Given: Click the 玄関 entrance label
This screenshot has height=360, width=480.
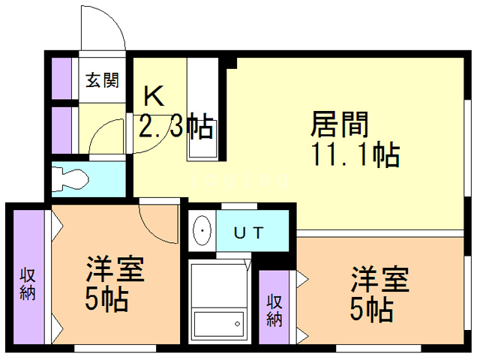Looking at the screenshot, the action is pos(102,80).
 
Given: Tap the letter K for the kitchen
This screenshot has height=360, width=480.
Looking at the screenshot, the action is pos(154,96).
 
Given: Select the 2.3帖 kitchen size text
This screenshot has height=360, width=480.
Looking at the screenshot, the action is pos(176,126).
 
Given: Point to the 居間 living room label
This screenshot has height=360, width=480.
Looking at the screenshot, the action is pos(339,124).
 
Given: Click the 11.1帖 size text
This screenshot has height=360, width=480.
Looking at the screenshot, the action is pos(355,154).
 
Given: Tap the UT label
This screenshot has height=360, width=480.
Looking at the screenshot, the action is pos(248,233).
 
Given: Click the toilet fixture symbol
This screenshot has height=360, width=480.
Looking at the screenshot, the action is pos(70,178).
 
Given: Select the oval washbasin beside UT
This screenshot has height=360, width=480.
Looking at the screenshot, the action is pos(202,231).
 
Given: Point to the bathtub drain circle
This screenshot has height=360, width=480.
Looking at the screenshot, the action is pos(237,323).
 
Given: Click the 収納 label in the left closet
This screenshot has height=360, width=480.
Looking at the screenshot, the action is pos(28,284).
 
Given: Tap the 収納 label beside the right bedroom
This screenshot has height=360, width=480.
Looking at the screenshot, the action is pos(274,310).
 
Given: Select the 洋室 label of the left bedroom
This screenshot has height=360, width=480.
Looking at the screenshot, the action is pos(115,269).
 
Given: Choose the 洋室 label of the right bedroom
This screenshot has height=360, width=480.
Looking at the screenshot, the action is pos(380,280).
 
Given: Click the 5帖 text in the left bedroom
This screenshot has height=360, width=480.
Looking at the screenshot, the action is pos(106,298).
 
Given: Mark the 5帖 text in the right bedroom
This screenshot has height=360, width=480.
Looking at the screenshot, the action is pos(372,309).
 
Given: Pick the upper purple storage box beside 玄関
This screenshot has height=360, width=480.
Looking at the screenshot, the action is pos(61,78).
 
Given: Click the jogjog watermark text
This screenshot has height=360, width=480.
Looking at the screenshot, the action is pos(239,181).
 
